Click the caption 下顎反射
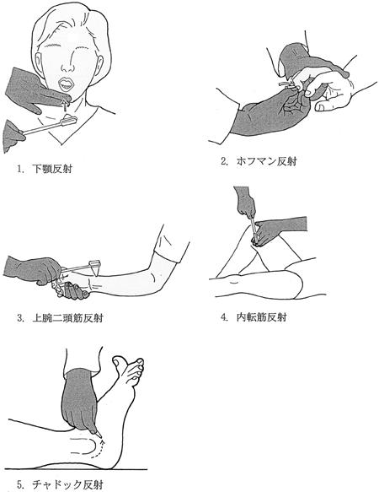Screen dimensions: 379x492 [x=52, y=169]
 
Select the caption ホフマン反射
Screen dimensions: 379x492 [x=266, y=161]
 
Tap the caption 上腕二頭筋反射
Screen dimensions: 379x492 [x=67, y=318]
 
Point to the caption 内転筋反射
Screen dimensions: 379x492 [x=261, y=317]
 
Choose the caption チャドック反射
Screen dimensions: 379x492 [x=67, y=484]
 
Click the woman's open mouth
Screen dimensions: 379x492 [x=66, y=84]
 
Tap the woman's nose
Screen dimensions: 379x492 [x=67, y=67]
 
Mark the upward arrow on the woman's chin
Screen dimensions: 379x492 [x=65, y=105]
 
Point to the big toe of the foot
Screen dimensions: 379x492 [x=120, y=363]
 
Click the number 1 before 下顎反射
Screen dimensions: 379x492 [x=20, y=170]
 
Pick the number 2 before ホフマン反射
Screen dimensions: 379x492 [x=224, y=161]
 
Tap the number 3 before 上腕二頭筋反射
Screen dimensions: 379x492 [x=20, y=318]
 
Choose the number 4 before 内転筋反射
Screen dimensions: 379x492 [x=224, y=317]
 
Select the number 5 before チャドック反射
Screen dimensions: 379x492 [x=20, y=485]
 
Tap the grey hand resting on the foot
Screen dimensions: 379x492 [x=81, y=401]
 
